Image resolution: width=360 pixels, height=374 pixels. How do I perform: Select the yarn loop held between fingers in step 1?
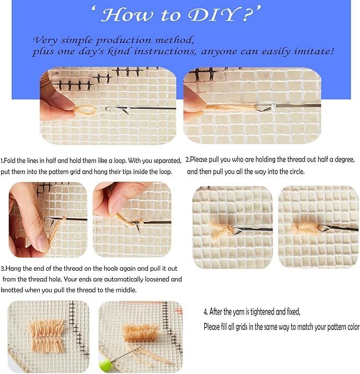pyautogui.click(x=85, y=111)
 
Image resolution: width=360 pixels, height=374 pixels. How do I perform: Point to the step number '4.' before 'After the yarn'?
pyautogui.click(x=206, y=311)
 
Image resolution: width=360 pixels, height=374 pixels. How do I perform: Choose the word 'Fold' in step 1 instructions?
pyautogui.click(x=10, y=161)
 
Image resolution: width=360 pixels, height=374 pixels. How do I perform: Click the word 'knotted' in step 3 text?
pyautogui.click(x=12, y=290)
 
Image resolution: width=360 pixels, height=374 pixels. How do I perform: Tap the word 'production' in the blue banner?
pyautogui.click(x=124, y=41)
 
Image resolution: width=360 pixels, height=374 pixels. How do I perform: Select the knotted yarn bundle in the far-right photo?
pyautogui.click(x=305, y=229)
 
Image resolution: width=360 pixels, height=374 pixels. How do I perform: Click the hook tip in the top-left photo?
pyautogui.click(x=107, y=109)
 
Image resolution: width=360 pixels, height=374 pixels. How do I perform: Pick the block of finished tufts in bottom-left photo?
pyautogui.click(x=47, y=336)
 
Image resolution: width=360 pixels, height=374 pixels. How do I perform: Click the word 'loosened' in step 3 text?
pyautogui.click(x=157, y=279)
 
